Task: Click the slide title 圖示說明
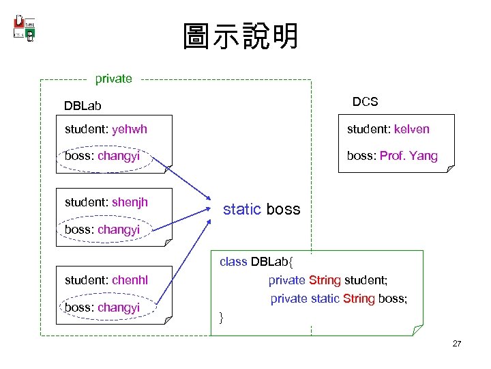[240, 37]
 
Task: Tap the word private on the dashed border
[113, 79]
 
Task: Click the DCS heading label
[365, 101]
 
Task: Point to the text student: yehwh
[106, 129]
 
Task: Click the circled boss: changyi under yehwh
[102, 156]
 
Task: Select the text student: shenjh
[106, 202]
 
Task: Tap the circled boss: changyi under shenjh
[102, 230]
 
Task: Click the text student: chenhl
[106, 279]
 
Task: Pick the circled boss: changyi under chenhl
[102, 307]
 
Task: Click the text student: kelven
[388, 129]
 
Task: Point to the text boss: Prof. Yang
[392, 156]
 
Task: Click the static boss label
[262, 209]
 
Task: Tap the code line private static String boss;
[339, 299]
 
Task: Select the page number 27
[456, 344]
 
